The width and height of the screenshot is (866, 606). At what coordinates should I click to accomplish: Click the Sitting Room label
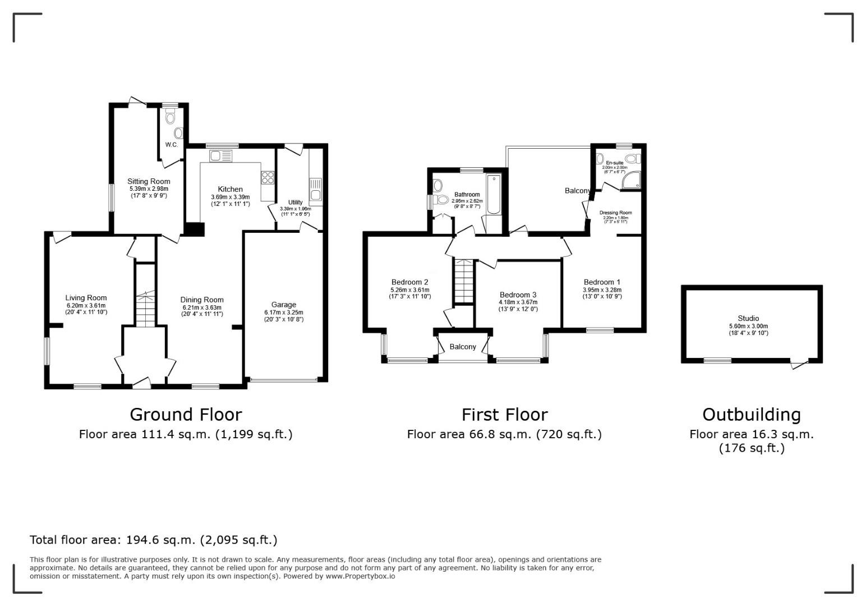point(149,181)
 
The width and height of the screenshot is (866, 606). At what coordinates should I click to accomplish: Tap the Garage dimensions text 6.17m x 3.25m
point(284,312)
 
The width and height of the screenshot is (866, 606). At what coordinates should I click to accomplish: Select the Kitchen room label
point(230,189)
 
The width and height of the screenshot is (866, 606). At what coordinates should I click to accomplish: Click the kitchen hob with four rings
point(268,177)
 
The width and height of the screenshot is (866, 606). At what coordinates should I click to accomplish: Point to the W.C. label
point(172,145)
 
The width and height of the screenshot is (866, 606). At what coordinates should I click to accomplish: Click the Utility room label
point(295,202)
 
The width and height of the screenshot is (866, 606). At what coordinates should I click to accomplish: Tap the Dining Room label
point(202,300)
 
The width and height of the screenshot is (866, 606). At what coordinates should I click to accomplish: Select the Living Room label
point(86,298)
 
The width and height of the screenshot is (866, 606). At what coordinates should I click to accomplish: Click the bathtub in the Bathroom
point(494,195)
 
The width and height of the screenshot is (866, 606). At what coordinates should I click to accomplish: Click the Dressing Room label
point(615,213)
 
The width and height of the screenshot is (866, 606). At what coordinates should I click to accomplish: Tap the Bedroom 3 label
point(518,295)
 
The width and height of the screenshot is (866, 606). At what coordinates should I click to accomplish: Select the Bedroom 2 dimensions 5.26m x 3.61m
point(409,290)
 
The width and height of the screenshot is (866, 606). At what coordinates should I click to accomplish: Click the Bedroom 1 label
point(602,282)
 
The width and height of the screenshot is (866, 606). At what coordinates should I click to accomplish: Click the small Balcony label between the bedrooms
point(463,347)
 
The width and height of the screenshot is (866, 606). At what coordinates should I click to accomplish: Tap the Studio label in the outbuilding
point(748,318)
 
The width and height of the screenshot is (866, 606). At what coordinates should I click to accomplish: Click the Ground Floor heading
point(186,415)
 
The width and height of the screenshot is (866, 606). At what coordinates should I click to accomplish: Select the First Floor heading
point(504,415)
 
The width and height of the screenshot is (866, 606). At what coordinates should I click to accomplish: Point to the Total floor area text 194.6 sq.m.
point(153,540)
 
